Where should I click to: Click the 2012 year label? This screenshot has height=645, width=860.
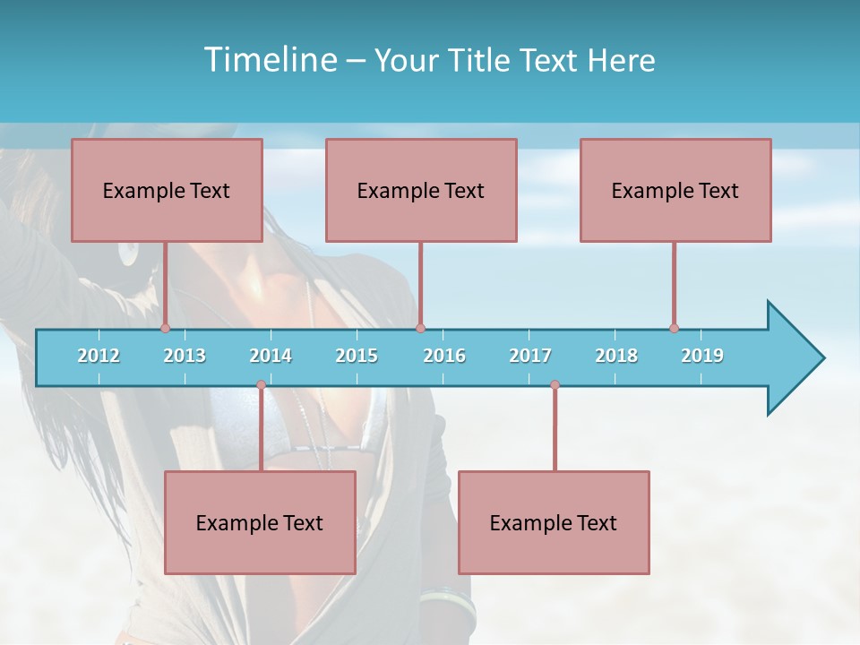[x=99, y=356]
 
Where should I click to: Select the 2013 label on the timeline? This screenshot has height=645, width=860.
[x=185, y=356]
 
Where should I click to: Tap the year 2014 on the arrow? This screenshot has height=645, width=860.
[x=271, y=356]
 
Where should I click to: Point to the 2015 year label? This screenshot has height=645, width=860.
[x=357, y=356]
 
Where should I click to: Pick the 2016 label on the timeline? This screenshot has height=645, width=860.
[x=444, y=356]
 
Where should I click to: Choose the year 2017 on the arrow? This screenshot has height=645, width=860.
[x=530, y=356]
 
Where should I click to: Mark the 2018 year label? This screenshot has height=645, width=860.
[x=616, y=356]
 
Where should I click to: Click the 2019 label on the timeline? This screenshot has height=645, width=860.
[x=702, y=356]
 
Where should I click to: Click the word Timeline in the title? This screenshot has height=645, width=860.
[x=270, y=60]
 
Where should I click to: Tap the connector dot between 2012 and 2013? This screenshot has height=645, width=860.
[x=165, y=328]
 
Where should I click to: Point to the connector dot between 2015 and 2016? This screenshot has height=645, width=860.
[x=420, y=328]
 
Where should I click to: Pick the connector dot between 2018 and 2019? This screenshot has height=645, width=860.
[x=674, y=328]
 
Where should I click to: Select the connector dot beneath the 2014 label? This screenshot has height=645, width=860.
[x=261, y=385]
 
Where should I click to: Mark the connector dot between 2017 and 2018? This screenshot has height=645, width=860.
[x=555, y=385]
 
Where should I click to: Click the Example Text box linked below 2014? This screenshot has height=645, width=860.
[x=260, y=522]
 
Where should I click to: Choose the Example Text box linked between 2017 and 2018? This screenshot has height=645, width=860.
[x=554, y=522]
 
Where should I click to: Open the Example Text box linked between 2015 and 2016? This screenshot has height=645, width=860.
[x=421, y=190]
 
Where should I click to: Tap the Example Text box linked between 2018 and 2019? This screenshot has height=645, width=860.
[x=675, y=190]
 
